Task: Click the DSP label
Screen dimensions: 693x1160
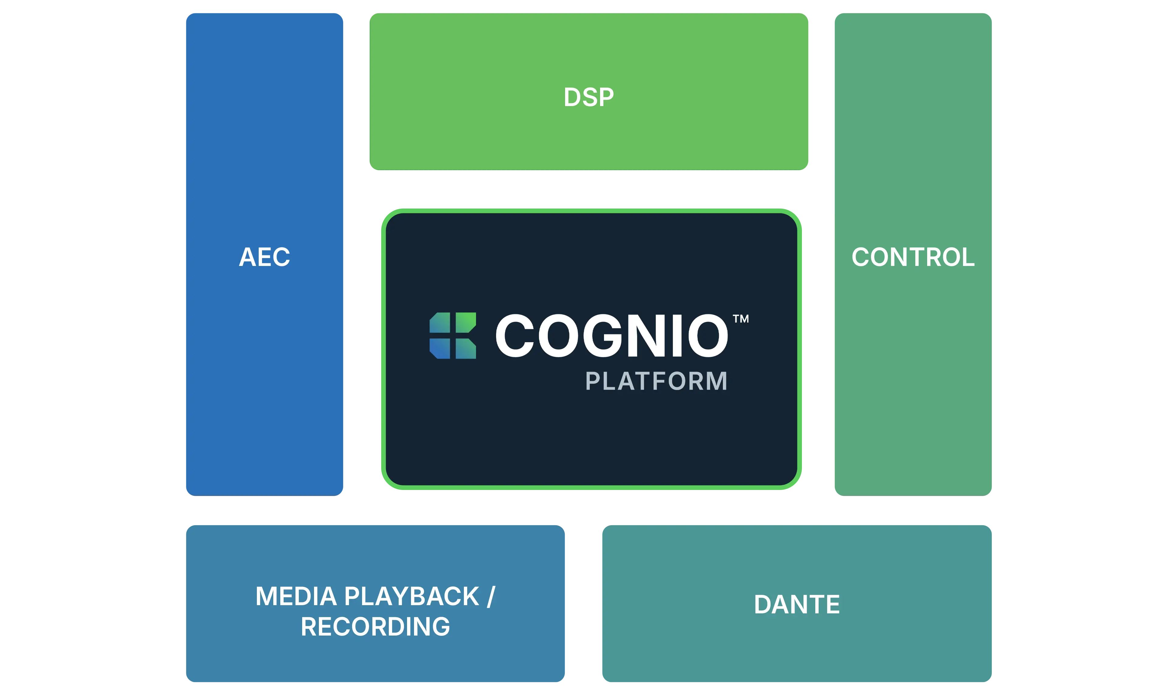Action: [589, 98]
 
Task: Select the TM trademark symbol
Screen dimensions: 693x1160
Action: [741, 319]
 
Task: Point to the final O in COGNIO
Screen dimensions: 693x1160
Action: [705, 335]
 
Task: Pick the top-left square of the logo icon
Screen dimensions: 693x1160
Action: [440, 323]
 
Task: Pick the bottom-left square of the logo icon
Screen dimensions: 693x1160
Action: [440, 348]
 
